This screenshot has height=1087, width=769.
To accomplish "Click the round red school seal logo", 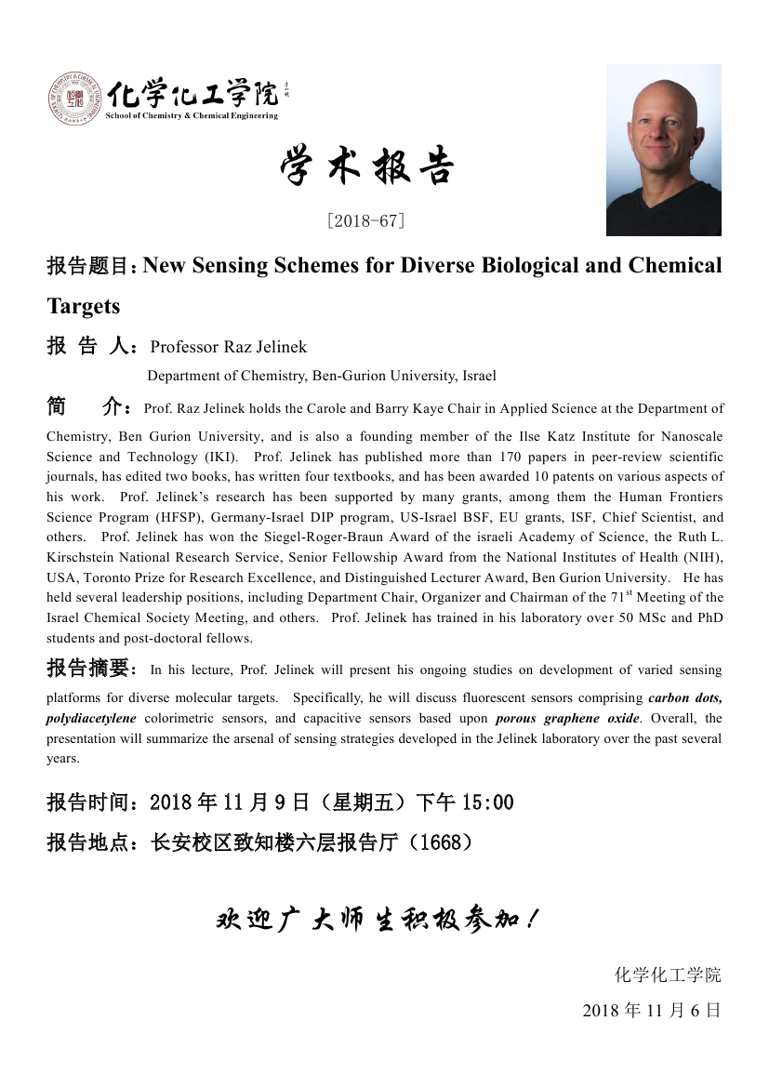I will tap(75, 99).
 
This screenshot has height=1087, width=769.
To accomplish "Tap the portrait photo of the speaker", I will tap(663, 150).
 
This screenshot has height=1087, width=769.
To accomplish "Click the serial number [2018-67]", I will tap(365, 221).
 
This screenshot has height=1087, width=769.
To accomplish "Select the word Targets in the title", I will tap(84, 306).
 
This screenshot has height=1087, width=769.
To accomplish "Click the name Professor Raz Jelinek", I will tap(229, 347).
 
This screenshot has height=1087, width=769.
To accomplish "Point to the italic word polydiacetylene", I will tap(91, 718).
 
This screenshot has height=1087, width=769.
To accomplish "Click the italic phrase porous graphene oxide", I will tap(567, 718).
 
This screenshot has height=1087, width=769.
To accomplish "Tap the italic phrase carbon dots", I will tap(684, 697).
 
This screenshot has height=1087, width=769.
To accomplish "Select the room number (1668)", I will tap(441, 842).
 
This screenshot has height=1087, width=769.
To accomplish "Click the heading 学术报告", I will tap(366, 168).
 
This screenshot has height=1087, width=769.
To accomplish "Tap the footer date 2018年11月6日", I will tap(651, 1010).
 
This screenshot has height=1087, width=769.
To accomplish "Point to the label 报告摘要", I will tap(91, 669).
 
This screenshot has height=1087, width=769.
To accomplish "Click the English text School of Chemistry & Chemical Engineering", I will tap(192, 116).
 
